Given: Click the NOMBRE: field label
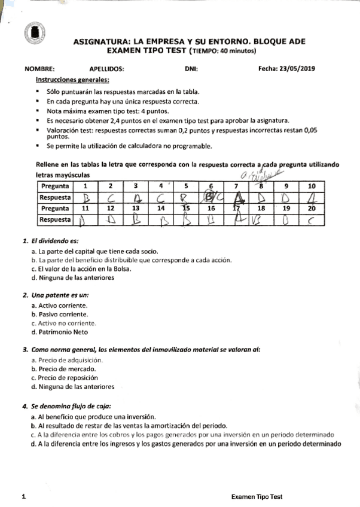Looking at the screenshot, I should coord(39,69).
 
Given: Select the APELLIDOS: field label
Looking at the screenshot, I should coord(106,69).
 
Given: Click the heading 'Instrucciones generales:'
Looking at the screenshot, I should coord(72,80).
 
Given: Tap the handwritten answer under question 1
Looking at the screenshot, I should coord(85,197).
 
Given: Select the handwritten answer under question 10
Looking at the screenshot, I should coord(312,197).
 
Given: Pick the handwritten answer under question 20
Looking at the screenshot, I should coord(312,220).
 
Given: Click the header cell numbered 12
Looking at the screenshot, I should coord(110,209).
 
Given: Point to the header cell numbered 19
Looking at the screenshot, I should coord(286,209).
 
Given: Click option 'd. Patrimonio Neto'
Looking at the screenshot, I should coord(59,332).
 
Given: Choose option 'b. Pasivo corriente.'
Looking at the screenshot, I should coord(60,314).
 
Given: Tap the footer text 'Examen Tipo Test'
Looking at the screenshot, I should coord(257,497).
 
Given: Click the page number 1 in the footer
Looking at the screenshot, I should coord(23,497).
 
